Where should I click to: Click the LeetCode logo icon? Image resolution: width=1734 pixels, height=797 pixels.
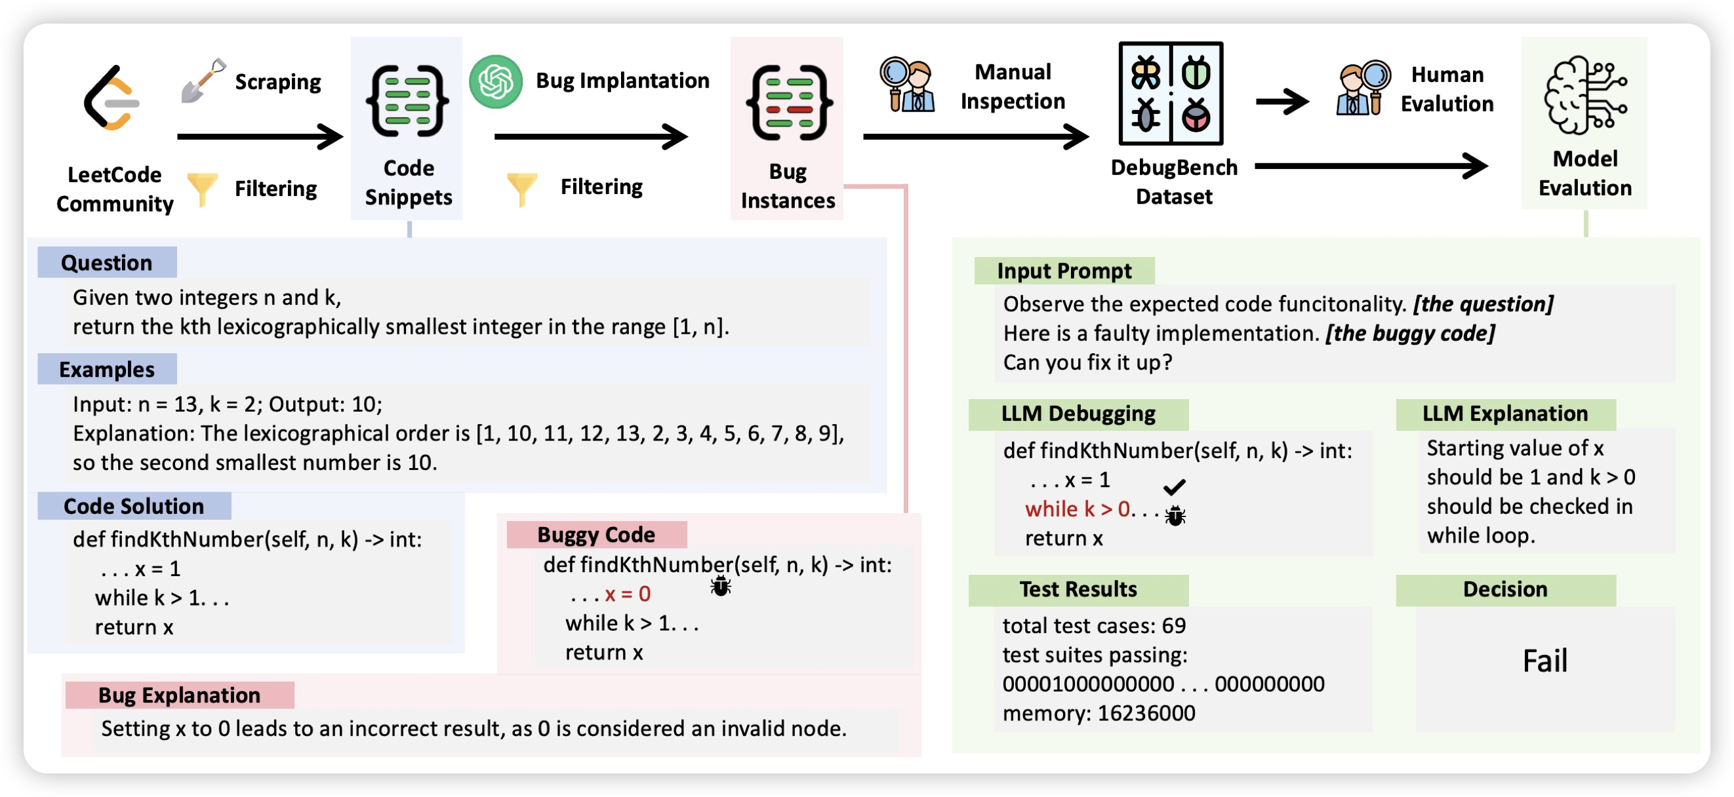click(x=111, y=98)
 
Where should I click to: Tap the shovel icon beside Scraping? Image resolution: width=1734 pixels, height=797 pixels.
click(x=203, y=80)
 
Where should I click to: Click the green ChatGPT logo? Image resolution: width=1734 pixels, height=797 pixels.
click(x=496, y=81)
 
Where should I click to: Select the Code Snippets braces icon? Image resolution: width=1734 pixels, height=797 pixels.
click(x=408, y=101)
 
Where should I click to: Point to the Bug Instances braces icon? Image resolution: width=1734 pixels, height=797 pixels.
click(x=789, y=103)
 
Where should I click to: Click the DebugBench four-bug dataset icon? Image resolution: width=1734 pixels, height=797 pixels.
click(x=1171, y=94)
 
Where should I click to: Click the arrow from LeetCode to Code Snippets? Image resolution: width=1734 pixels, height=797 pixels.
click(x=260, y=136)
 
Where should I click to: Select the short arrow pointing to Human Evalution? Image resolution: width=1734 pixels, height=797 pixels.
click(x=1282, y=102)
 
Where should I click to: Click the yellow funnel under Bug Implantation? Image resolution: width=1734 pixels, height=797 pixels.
click(x=522, y=188)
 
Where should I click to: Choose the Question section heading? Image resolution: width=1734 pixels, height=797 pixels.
click(x=107, y=262)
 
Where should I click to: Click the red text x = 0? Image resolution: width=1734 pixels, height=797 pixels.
click(x=628, y=594)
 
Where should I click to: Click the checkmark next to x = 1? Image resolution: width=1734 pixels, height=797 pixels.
click(x=1174, y=486)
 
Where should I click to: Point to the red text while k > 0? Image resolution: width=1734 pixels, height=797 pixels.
click(x=1077, y=509)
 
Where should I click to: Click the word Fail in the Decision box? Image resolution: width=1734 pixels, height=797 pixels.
click(x=1545, y=661)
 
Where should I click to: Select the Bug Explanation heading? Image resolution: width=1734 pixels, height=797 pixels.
click(x=179, y=695)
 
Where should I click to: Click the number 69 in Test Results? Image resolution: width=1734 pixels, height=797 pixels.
click(x=1174, y=625)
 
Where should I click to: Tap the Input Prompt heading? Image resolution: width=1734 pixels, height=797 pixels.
click(x=1064, y=271)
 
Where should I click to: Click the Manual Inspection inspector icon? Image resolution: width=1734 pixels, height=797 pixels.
click(x=908, y=85)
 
